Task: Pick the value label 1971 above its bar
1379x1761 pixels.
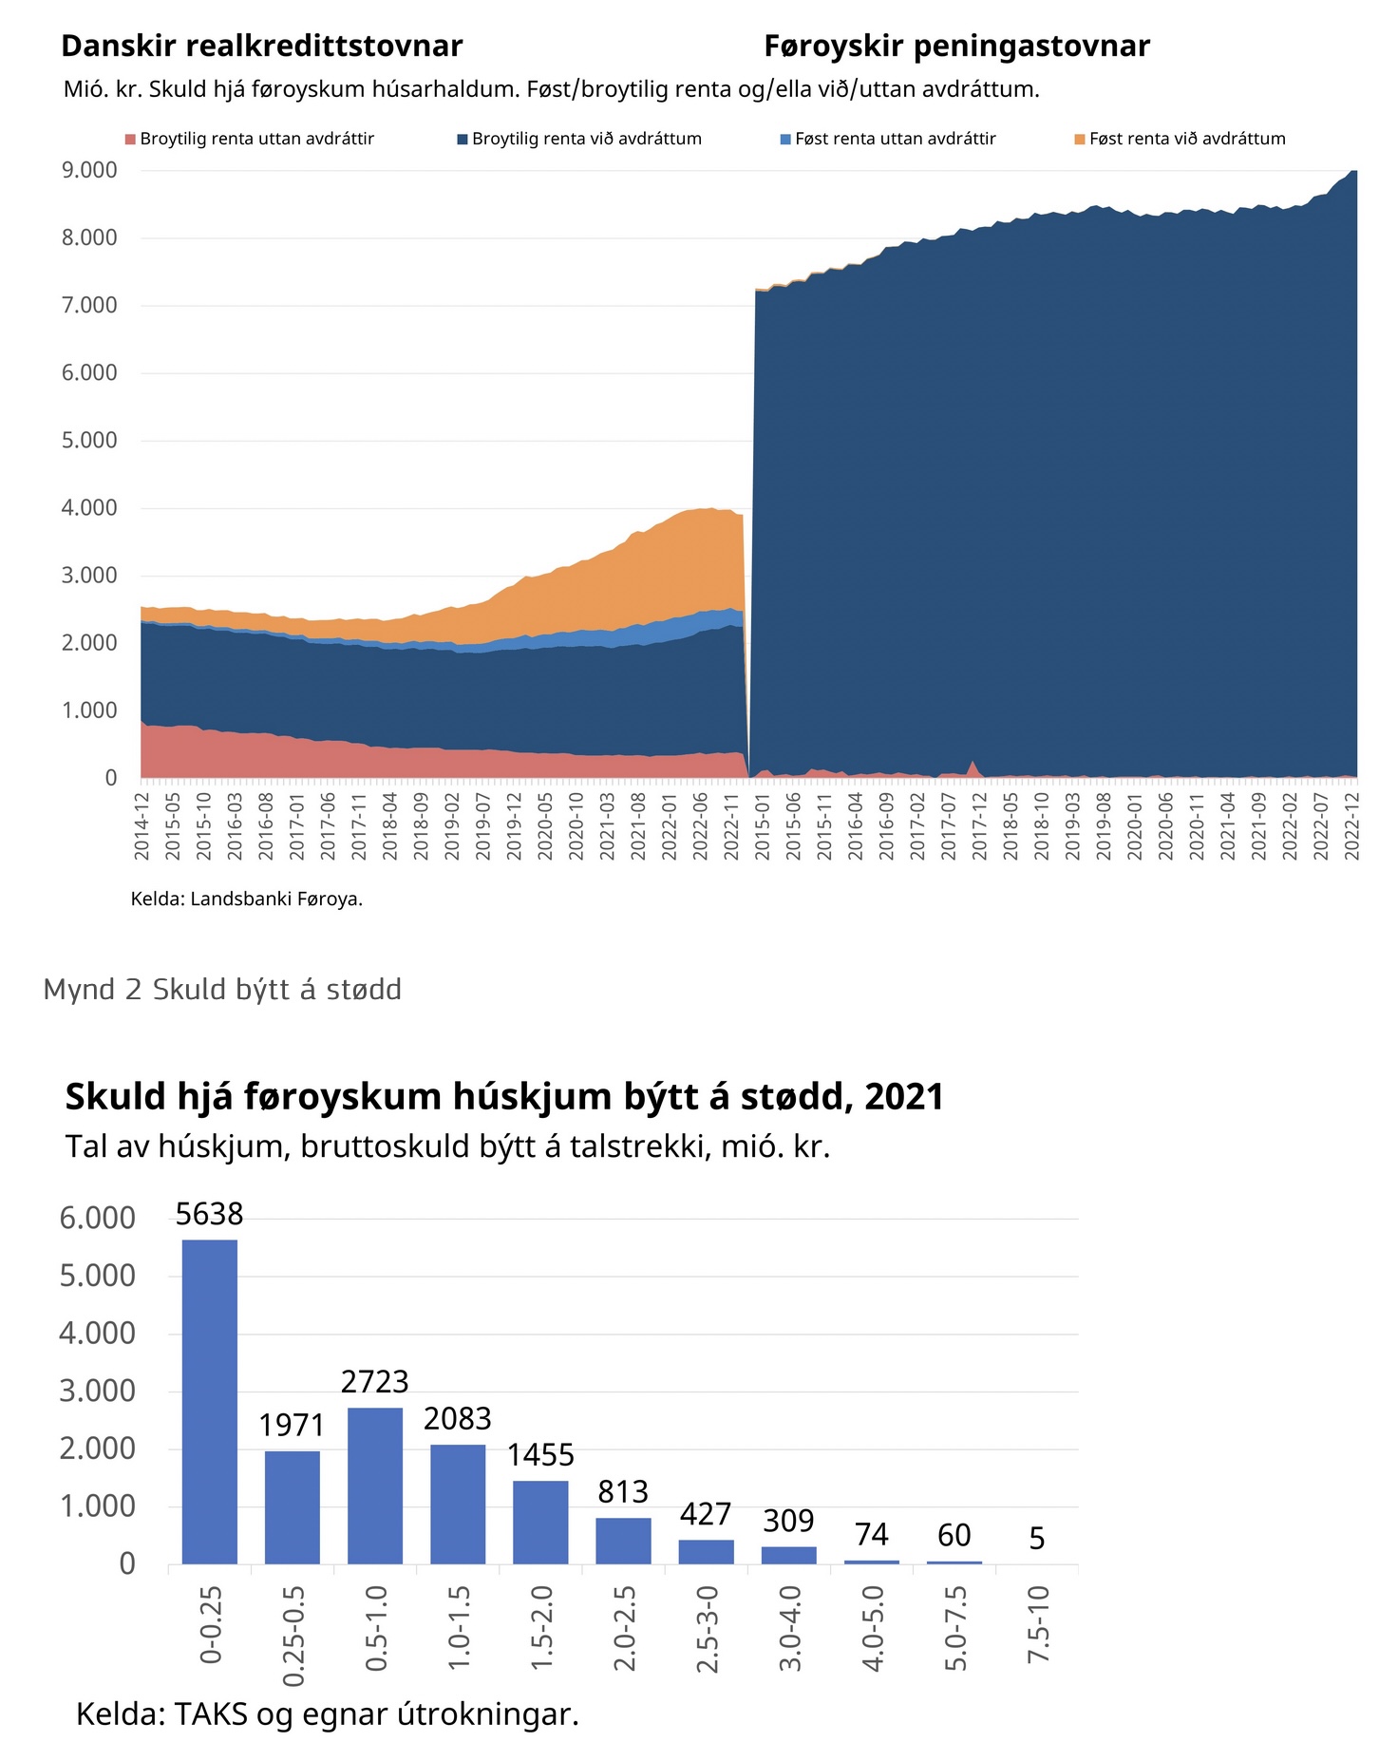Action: pos(292,1425)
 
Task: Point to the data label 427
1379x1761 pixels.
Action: pos(706,1513)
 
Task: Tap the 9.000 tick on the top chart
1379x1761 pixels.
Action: pos(89,170)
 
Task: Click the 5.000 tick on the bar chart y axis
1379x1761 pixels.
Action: pos(97,1276)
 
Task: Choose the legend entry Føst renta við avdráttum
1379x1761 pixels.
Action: pos(1186,139)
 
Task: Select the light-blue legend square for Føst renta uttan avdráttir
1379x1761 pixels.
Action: pos(785,140)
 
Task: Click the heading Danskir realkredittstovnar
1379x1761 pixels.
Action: pos(262,46)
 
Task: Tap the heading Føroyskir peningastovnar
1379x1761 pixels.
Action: pos(956,46)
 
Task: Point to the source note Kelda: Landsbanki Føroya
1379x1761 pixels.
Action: pos(247,899)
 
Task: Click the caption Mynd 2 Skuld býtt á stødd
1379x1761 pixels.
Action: pos(222,990)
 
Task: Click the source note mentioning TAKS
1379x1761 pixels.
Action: pos(327,1714)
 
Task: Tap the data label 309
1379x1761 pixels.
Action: pos(788,1521)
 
